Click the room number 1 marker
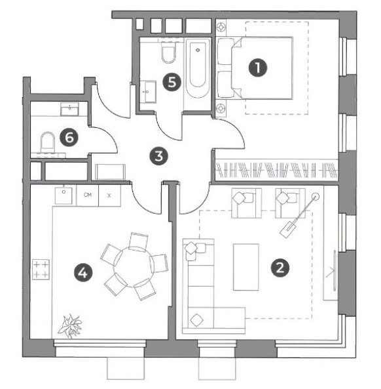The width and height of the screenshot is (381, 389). (258, 68)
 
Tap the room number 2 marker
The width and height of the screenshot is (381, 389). (280, 268)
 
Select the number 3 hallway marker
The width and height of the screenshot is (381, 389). (158, 156)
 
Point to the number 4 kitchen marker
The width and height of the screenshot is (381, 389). (83, 273)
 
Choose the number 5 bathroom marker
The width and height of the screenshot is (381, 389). (172, 82)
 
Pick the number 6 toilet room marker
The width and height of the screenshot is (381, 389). (69, 138)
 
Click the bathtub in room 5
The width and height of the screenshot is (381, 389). (198, 68)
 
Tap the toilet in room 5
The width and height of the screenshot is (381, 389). (169, 52)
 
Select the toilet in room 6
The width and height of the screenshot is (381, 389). (47, 142)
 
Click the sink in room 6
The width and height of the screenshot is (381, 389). (69, 109)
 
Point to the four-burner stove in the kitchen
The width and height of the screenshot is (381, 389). (41, 270)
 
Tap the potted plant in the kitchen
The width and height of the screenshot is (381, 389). (70, 326)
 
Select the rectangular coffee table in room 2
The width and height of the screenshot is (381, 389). (246, 267)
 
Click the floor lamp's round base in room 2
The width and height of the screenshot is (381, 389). (316, 197)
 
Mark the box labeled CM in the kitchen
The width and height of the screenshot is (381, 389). (87, 195)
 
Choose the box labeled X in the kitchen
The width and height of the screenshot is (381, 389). (110, 195)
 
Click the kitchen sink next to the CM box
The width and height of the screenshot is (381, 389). (63, 195)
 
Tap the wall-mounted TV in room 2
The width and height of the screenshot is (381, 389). (335, 270)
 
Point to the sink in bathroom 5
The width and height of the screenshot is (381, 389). (148, 92)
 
